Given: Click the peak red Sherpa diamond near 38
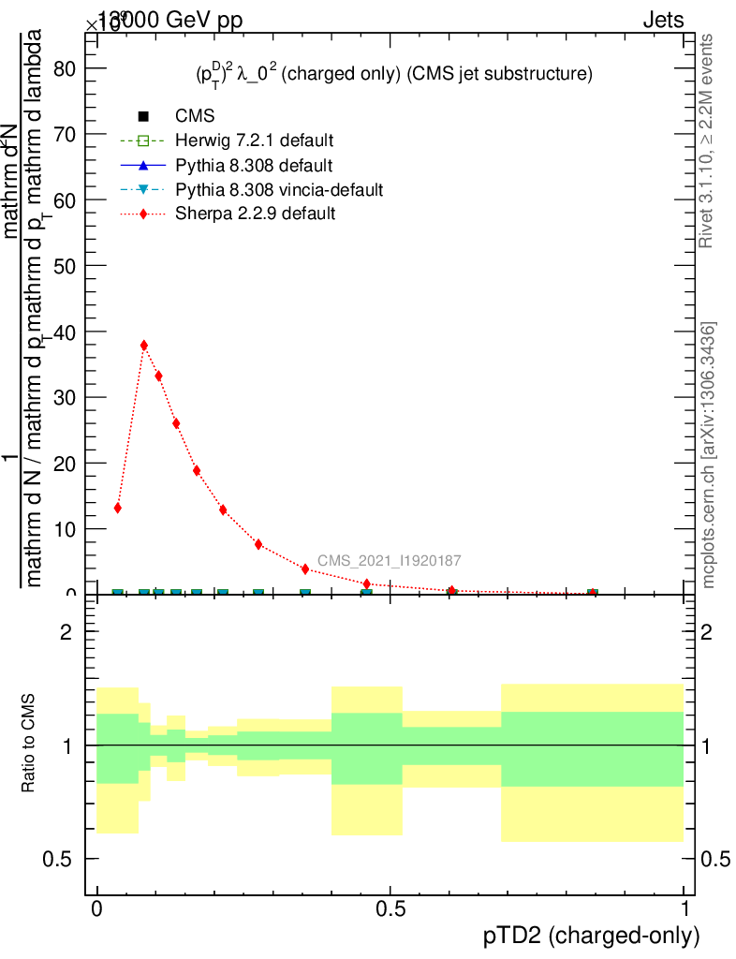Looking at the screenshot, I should click(x=144, y=346).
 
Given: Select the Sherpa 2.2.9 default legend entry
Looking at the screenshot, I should click(x=255, y=214).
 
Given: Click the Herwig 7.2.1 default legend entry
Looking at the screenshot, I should click(x=254, y=141).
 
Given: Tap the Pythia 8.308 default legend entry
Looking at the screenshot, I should click(x=254, y=166).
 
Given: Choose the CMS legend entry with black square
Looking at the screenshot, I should click(x=195, y=117).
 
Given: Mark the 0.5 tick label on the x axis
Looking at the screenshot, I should click(x=390, y=910).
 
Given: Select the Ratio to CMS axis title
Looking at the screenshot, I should click(x=29, y=742).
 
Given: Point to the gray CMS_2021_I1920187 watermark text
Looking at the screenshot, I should click(x=389, y=561).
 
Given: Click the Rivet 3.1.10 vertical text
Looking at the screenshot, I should click(x=708, y=140).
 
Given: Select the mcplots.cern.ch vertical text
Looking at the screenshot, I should click(x=709, y=455).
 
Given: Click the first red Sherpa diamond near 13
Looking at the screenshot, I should click(x=118, y=508).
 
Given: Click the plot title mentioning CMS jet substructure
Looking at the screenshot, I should click(x=387, y=74).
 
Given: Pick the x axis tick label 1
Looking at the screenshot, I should click(x=684, y=910).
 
